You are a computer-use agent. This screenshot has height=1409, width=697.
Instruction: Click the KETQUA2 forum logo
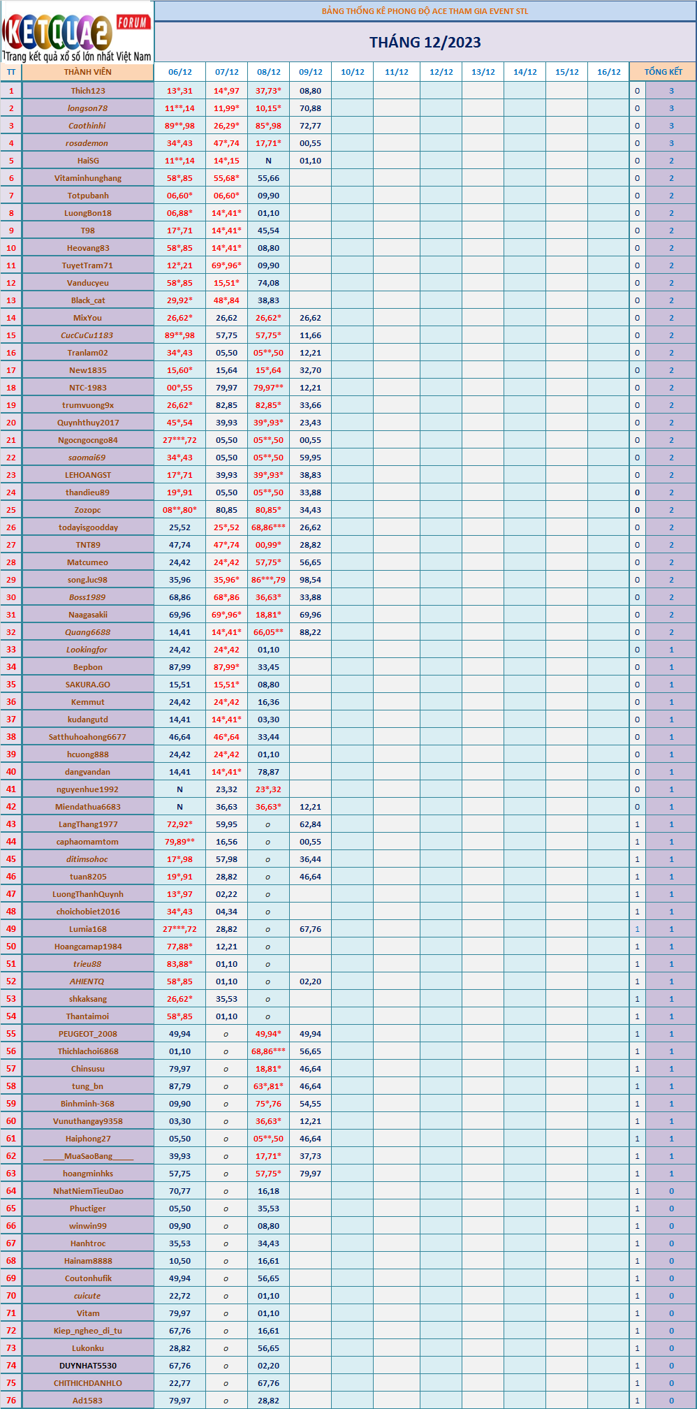(77, 32)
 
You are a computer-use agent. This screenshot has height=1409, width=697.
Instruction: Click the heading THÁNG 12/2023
(425, 43)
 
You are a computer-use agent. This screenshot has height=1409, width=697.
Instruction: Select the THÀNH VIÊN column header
(87, 72)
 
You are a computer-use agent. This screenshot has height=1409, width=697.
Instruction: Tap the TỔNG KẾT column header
(663, 72)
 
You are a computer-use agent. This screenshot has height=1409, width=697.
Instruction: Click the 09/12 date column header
(310, 72)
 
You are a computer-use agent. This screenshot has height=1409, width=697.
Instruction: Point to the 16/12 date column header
(608, 72)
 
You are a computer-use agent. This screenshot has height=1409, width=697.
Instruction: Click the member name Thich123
(88, 91)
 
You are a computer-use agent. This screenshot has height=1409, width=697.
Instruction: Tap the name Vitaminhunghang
(88, 178)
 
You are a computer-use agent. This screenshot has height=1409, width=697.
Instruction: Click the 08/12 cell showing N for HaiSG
(268, 161)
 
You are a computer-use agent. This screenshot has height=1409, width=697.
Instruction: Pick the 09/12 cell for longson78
(310, 108)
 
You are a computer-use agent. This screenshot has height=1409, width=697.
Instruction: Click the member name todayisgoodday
(88, 527)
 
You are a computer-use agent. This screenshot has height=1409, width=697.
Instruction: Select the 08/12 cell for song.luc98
(268, 580)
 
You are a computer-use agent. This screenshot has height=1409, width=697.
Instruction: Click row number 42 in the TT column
(11, 807)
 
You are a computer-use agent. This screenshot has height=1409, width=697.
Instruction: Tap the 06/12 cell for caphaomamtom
(179, 842)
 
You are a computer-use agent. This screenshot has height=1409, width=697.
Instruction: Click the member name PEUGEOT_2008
(88, 1034)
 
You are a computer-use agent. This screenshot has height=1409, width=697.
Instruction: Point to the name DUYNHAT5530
(88, 1366)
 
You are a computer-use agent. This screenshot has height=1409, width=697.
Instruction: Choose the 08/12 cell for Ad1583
(268, 1401)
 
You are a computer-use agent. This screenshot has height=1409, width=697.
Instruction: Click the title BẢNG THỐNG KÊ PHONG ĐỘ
(425, 11)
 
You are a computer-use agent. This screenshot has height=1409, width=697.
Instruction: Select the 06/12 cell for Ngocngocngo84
(179, 440)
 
